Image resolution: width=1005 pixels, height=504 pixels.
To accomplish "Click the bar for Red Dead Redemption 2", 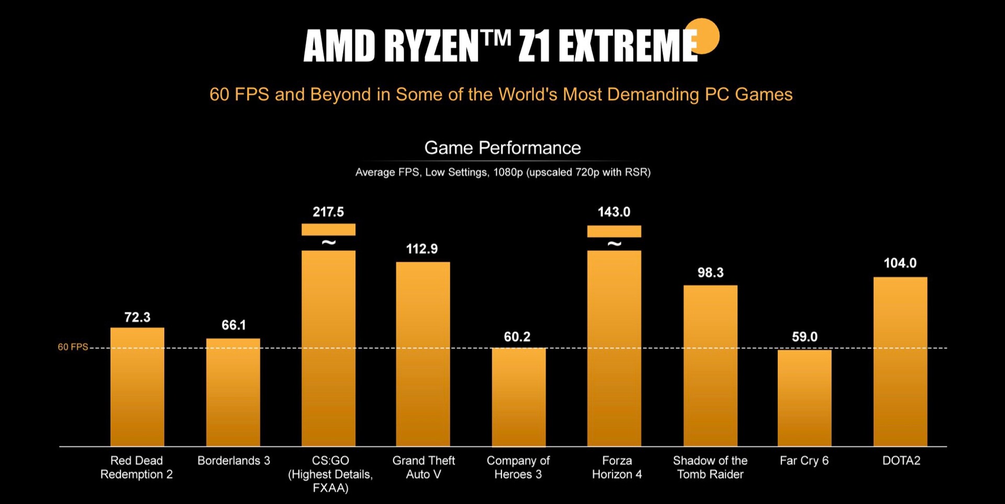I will [x=137, y=387].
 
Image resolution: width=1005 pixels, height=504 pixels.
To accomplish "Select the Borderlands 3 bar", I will [x=233, y=393].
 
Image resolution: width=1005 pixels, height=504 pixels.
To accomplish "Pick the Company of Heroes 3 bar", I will [x=518, y=397].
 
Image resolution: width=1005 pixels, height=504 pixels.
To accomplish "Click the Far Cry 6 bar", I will [x=805, y=398].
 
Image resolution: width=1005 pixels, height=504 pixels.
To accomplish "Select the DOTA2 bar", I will [x=900, y=362].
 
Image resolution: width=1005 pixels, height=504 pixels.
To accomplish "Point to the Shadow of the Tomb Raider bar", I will [x=710, y=366].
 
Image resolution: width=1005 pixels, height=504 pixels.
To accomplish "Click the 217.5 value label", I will [x=328, y=212].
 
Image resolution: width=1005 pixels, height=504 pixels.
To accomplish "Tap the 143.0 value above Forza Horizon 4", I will [x=614, y=212].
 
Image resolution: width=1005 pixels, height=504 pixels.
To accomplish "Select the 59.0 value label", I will [x=805, y=337].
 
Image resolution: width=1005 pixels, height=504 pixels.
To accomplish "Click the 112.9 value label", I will [x=422, y=249].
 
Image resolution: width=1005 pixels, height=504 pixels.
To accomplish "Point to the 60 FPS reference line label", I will [x=73, y=347].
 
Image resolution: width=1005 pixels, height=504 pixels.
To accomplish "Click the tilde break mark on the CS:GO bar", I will [x=329, y=243].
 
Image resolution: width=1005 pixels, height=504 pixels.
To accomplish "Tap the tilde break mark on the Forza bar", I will [x=615, y=244].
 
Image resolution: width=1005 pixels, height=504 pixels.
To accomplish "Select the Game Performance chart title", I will [x=502, y=148].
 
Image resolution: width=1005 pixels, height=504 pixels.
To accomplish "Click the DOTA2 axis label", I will [x=901, y=461].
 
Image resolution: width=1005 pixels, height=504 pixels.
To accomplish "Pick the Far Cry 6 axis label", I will [x=804, y=461].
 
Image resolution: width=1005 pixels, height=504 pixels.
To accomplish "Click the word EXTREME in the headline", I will [x=628, y=46].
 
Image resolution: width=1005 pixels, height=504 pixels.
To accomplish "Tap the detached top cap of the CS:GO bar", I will [x=328, y=229].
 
